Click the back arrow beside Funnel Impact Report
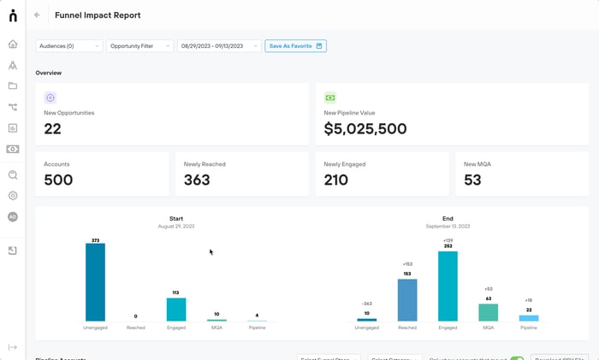37,15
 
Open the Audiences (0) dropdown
68,46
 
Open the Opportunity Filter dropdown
139,46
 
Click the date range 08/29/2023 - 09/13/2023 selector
218,46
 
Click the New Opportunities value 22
53,129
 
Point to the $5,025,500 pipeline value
365,129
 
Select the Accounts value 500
58,180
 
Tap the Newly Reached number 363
198,180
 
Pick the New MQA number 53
472,180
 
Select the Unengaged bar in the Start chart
95,282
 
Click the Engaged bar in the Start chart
176,309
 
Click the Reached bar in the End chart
407,299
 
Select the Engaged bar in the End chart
448,286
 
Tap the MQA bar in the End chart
488,312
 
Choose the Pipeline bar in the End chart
529,317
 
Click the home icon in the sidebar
13,44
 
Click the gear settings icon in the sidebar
13,196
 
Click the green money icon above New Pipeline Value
330,97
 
